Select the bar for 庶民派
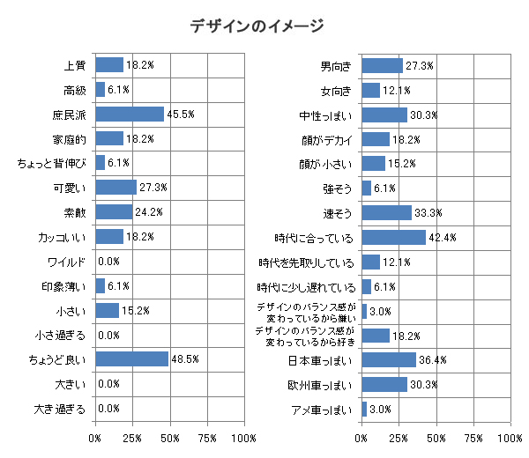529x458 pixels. [130, 114]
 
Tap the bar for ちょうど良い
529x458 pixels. [131, 358]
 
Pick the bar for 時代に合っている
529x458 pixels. [393, 237]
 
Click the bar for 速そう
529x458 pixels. [386, 212]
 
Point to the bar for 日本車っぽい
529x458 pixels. [389, 359]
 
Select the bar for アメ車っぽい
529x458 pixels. [364, 409]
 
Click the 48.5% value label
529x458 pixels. [185, 359]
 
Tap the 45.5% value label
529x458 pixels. [181, 114]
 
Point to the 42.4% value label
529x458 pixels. [443, 238]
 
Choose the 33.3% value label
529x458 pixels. [428, 213]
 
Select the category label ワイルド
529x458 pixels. [66, 262]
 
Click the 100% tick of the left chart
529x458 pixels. [244, 438]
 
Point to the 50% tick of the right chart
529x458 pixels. [436, 438]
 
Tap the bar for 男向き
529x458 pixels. [382, 65]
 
